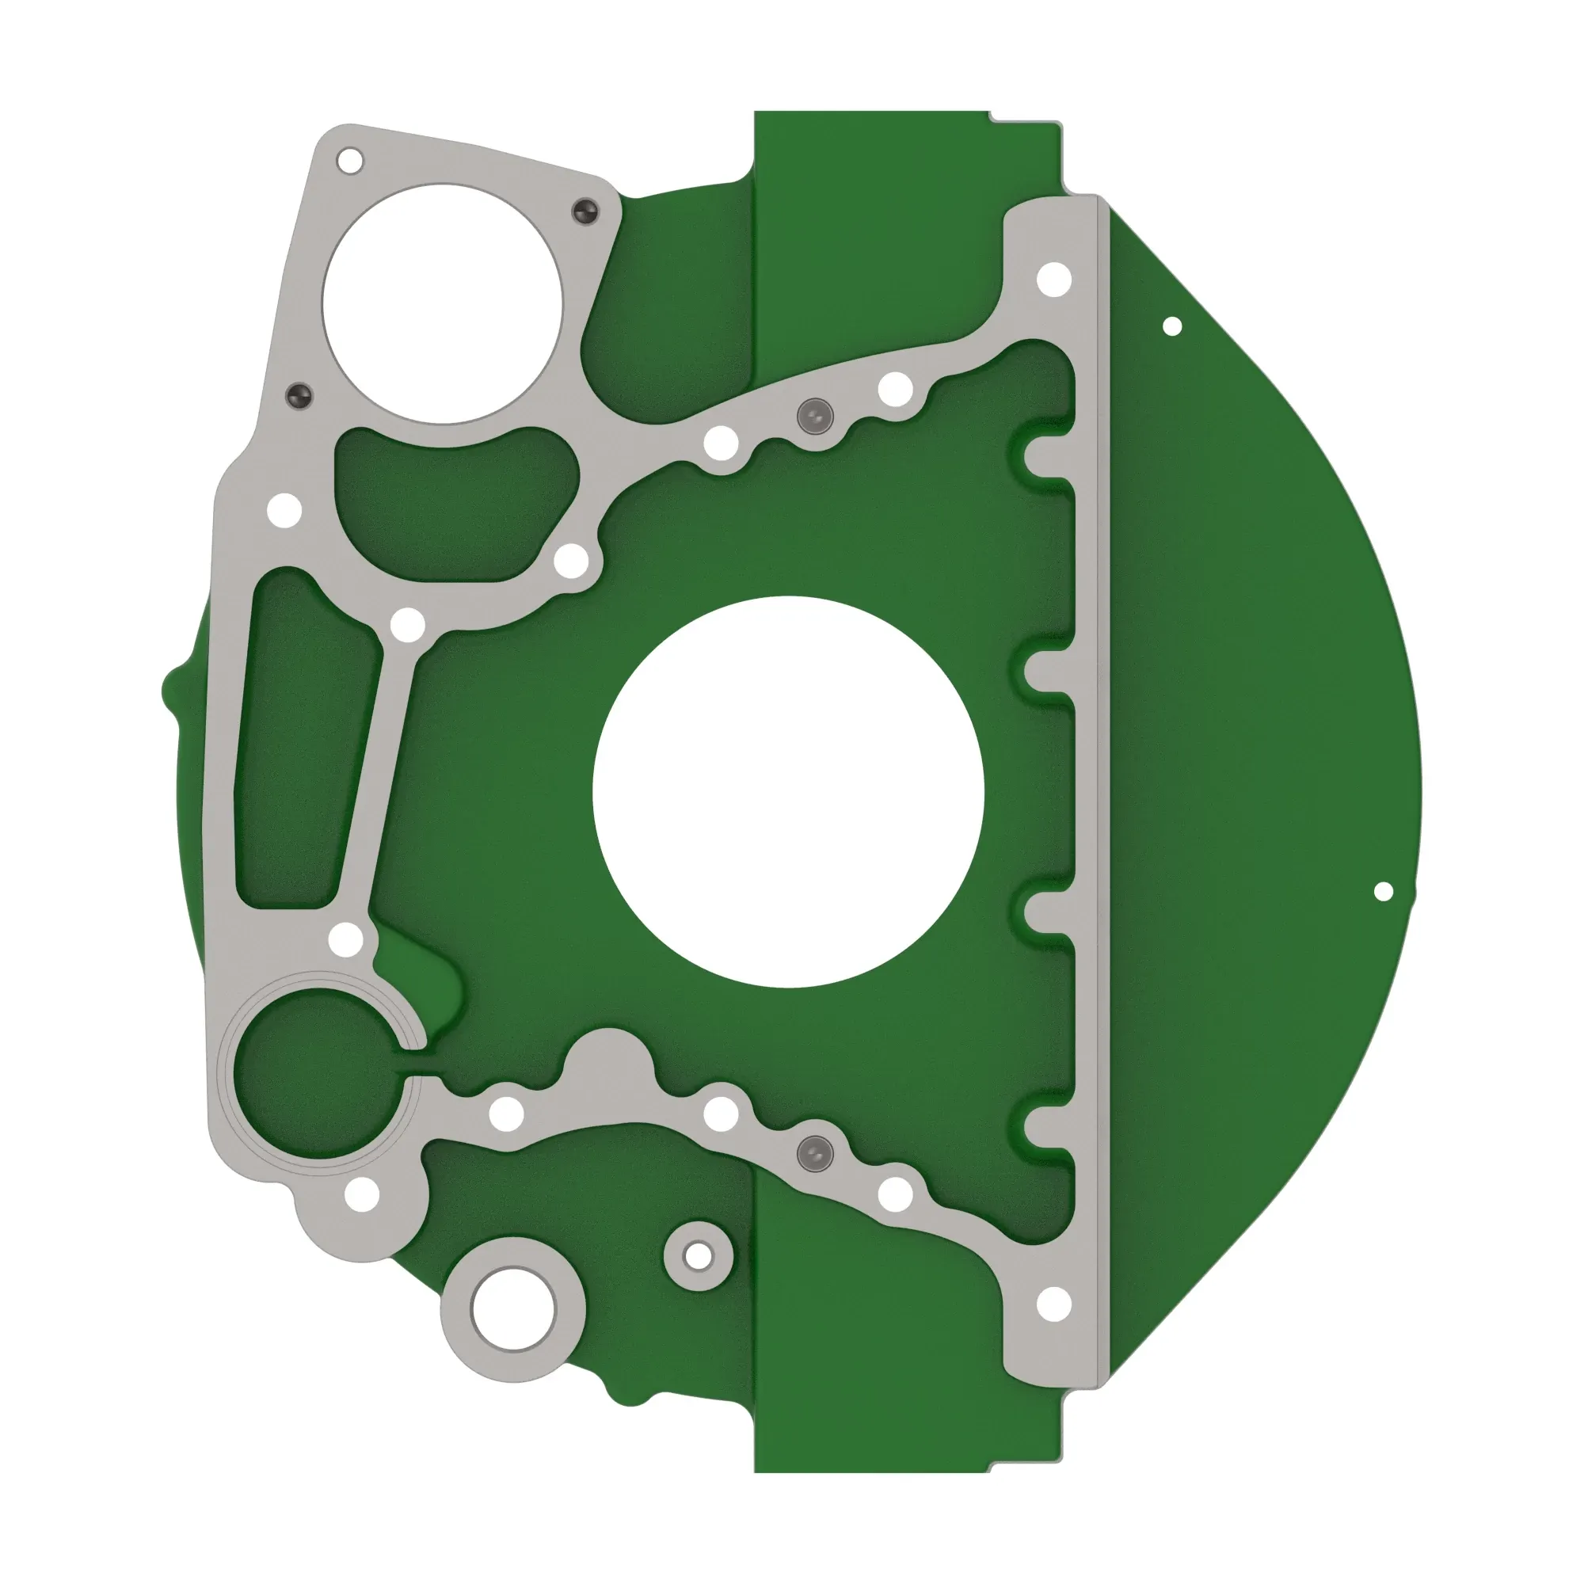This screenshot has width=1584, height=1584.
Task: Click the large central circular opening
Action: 788,792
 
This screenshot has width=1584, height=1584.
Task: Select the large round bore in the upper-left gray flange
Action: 444,304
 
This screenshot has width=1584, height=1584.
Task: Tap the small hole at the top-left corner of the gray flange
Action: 350,161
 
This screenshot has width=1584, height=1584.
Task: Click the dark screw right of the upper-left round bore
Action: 585,211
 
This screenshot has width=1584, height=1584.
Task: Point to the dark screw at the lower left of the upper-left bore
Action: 300,396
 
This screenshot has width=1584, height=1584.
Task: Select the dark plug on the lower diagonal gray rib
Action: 815,1154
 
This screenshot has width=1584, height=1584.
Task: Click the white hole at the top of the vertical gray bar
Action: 1054,280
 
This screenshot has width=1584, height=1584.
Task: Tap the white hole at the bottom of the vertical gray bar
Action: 1054,1304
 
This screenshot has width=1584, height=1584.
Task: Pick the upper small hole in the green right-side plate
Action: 1172,326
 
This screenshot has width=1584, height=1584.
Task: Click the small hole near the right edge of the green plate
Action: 1383,891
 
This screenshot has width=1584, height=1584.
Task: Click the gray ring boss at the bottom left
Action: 512,1309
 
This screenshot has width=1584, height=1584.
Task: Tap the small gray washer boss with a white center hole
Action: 699,1255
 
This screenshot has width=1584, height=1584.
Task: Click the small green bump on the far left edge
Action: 171,690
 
